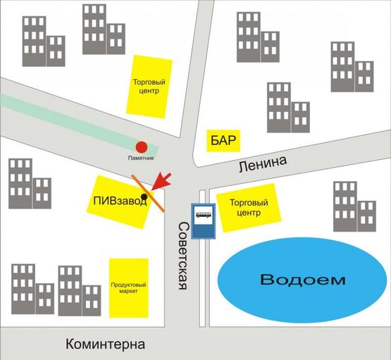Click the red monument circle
141,147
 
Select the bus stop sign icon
204,221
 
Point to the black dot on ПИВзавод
144,197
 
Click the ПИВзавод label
120,201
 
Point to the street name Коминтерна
105,345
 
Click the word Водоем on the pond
303,280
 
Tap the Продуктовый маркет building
128,287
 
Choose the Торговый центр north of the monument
148,86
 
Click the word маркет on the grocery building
128,291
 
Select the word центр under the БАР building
246,212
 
